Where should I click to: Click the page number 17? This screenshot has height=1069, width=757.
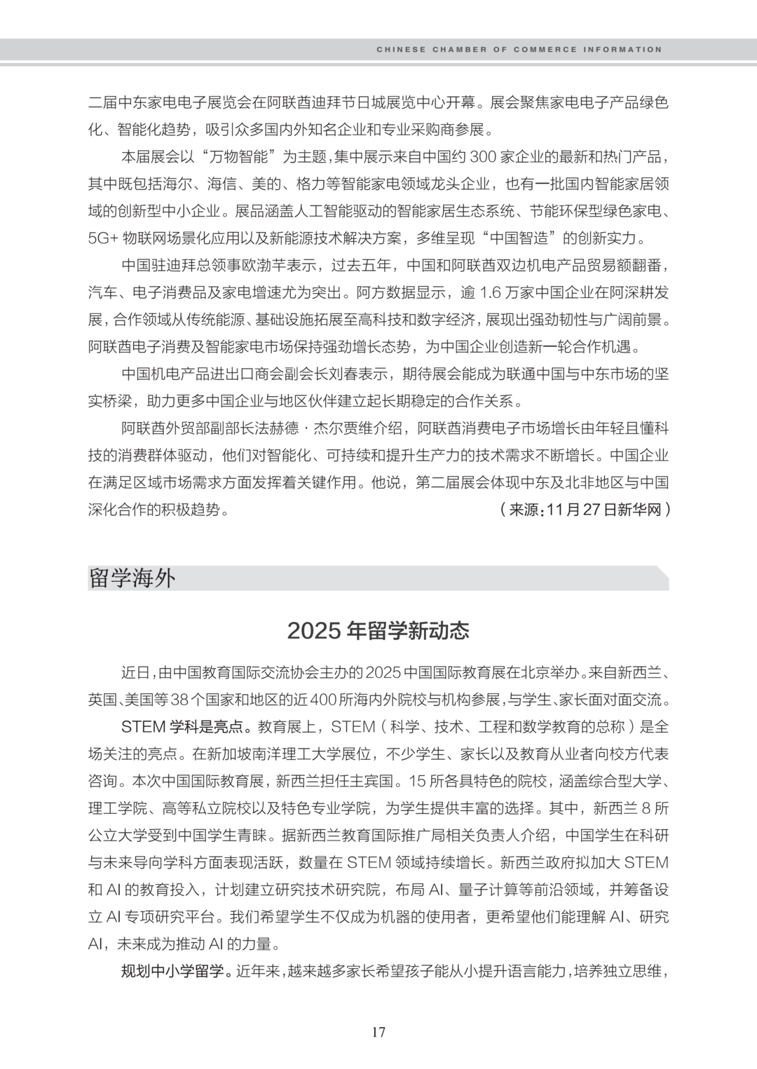tap(378, 1032)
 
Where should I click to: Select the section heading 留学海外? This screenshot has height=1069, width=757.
tap(132, 578)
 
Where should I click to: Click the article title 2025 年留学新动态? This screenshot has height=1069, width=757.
tap(378, 631)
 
